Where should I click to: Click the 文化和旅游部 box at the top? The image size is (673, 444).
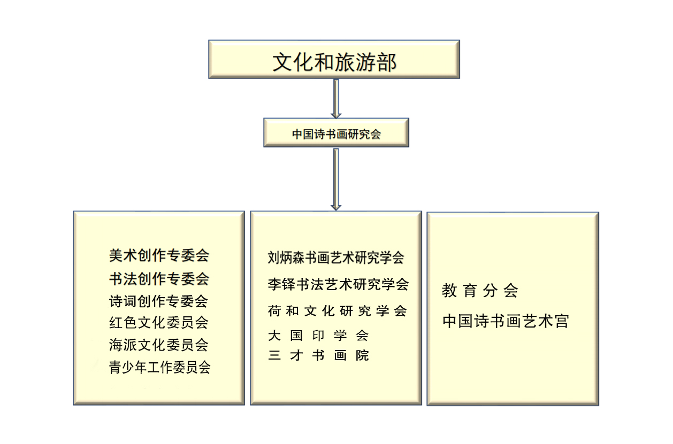pyautogui.click(x=334, y=59)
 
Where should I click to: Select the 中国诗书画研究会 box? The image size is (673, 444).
pyautogui.click(x=336, y=133)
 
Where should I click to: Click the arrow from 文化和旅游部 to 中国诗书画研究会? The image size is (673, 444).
pyautogui.click(x=336, y=99)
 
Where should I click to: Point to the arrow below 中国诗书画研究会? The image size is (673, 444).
pyautogui.click(x=336, y=180)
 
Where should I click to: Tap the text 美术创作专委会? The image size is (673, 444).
pyautogui.click(x=159, y=256)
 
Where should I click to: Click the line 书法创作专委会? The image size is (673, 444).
pyautogui.click(x=159, y=279)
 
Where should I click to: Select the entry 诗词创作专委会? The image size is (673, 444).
pyautogui.click(x=158, y=301)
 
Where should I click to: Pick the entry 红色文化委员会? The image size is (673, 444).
pyautogui.click(x=159, y=323)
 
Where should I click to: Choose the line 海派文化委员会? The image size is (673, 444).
pyautogui.click(x=159, y=345)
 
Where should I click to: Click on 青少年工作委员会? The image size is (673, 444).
pyautogui.click(x=159, y=367)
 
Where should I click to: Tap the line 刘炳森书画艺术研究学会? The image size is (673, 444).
pyautogui.click(x=336, y=258)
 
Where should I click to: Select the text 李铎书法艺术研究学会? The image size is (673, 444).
pyautogui.click(x=338, y=284)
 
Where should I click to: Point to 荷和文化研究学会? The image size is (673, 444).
pyautogui.click(x=338, y=311)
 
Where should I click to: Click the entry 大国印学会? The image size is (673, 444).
pyautogui.click(x=318, y=336)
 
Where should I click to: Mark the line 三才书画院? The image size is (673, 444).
pyautogui.click(x=318, y=355)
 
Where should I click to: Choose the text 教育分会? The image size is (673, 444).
pyautogui.click(x=480, y=291)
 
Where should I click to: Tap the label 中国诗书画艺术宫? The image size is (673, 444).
pyautogui.click(x=506, y=321)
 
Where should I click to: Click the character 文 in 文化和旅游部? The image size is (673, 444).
pyautogui.click(x=282, y=62)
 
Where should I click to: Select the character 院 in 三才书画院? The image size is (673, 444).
pyautogui.click(x=362, y=355)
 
